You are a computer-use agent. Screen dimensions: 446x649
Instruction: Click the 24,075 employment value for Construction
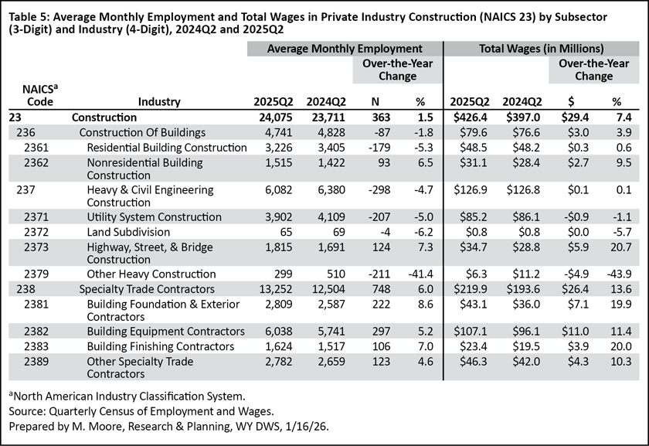coord(270,117)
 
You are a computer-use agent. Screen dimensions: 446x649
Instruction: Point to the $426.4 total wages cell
coord(470,117)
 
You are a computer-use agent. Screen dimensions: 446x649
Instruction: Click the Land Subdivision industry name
coord(128,232)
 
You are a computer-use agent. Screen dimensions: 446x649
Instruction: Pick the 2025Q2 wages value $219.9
coord(470,288)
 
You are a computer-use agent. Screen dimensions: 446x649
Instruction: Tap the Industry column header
coord(159,101)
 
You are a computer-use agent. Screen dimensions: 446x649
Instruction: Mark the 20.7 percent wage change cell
coord(615,247)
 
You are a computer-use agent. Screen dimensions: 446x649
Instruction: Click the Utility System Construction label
coord(155,217)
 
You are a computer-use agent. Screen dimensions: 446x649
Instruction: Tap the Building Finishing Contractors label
coord(160,345)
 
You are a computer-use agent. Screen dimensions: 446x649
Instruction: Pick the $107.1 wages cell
coord(470,330)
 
